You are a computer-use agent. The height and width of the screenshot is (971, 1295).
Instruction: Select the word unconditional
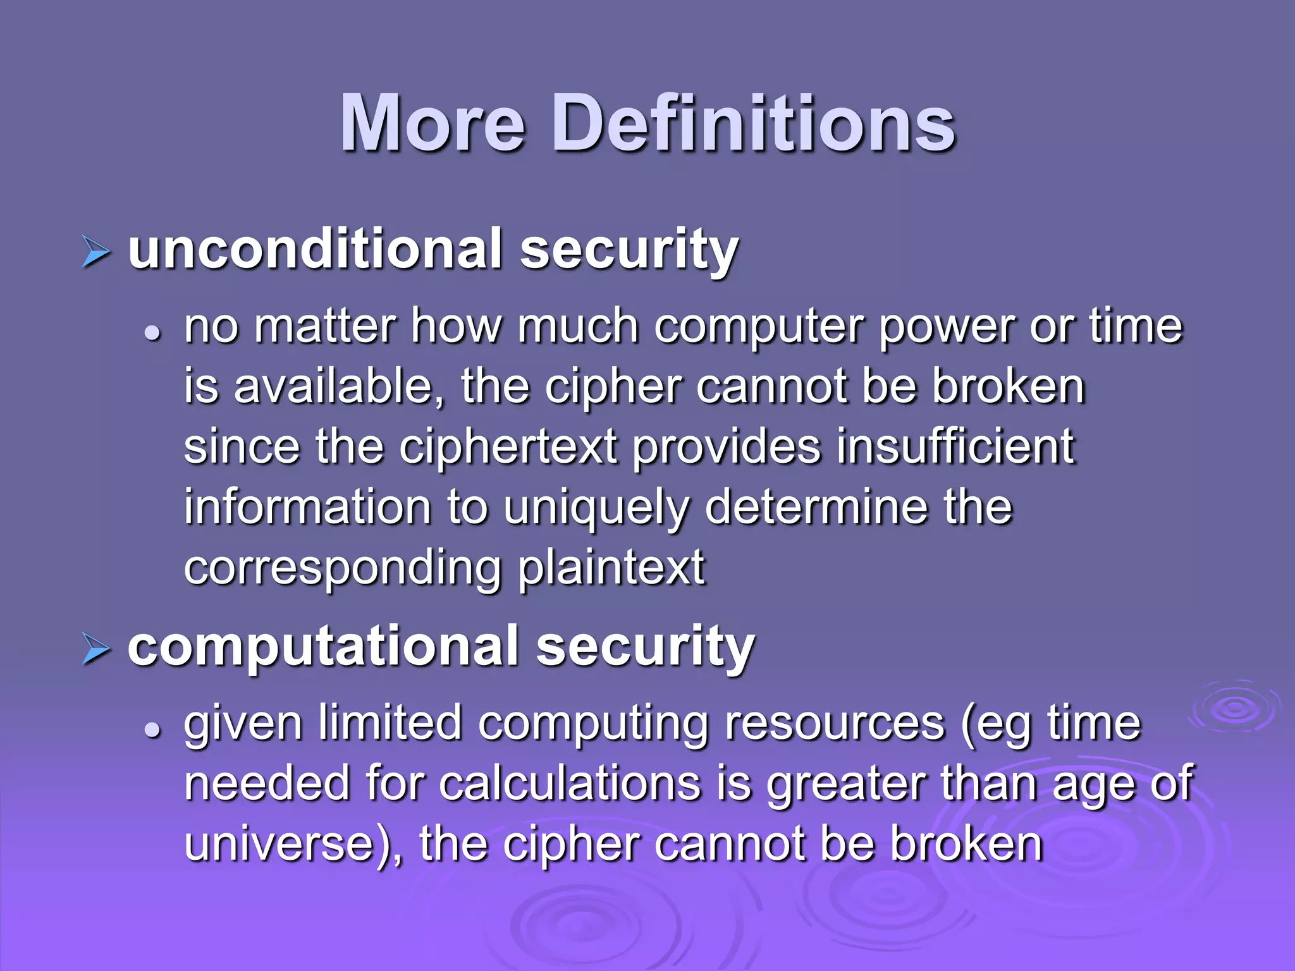pyautogui.click(x=316, y=249)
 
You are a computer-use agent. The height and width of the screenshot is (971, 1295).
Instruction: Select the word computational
pyautogui.click(x=324, y=646)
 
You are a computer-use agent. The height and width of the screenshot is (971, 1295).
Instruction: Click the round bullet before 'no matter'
pyautogui.click(x=152, y=333)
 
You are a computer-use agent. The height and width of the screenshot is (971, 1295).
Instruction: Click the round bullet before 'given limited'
pyautogui.click(x=152, y=729)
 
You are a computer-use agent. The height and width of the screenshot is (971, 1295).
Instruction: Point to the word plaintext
pyautogui.click(x=611, y=568)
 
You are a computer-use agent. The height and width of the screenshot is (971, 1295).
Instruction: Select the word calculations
pyautogui.click(x=570, y=784)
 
